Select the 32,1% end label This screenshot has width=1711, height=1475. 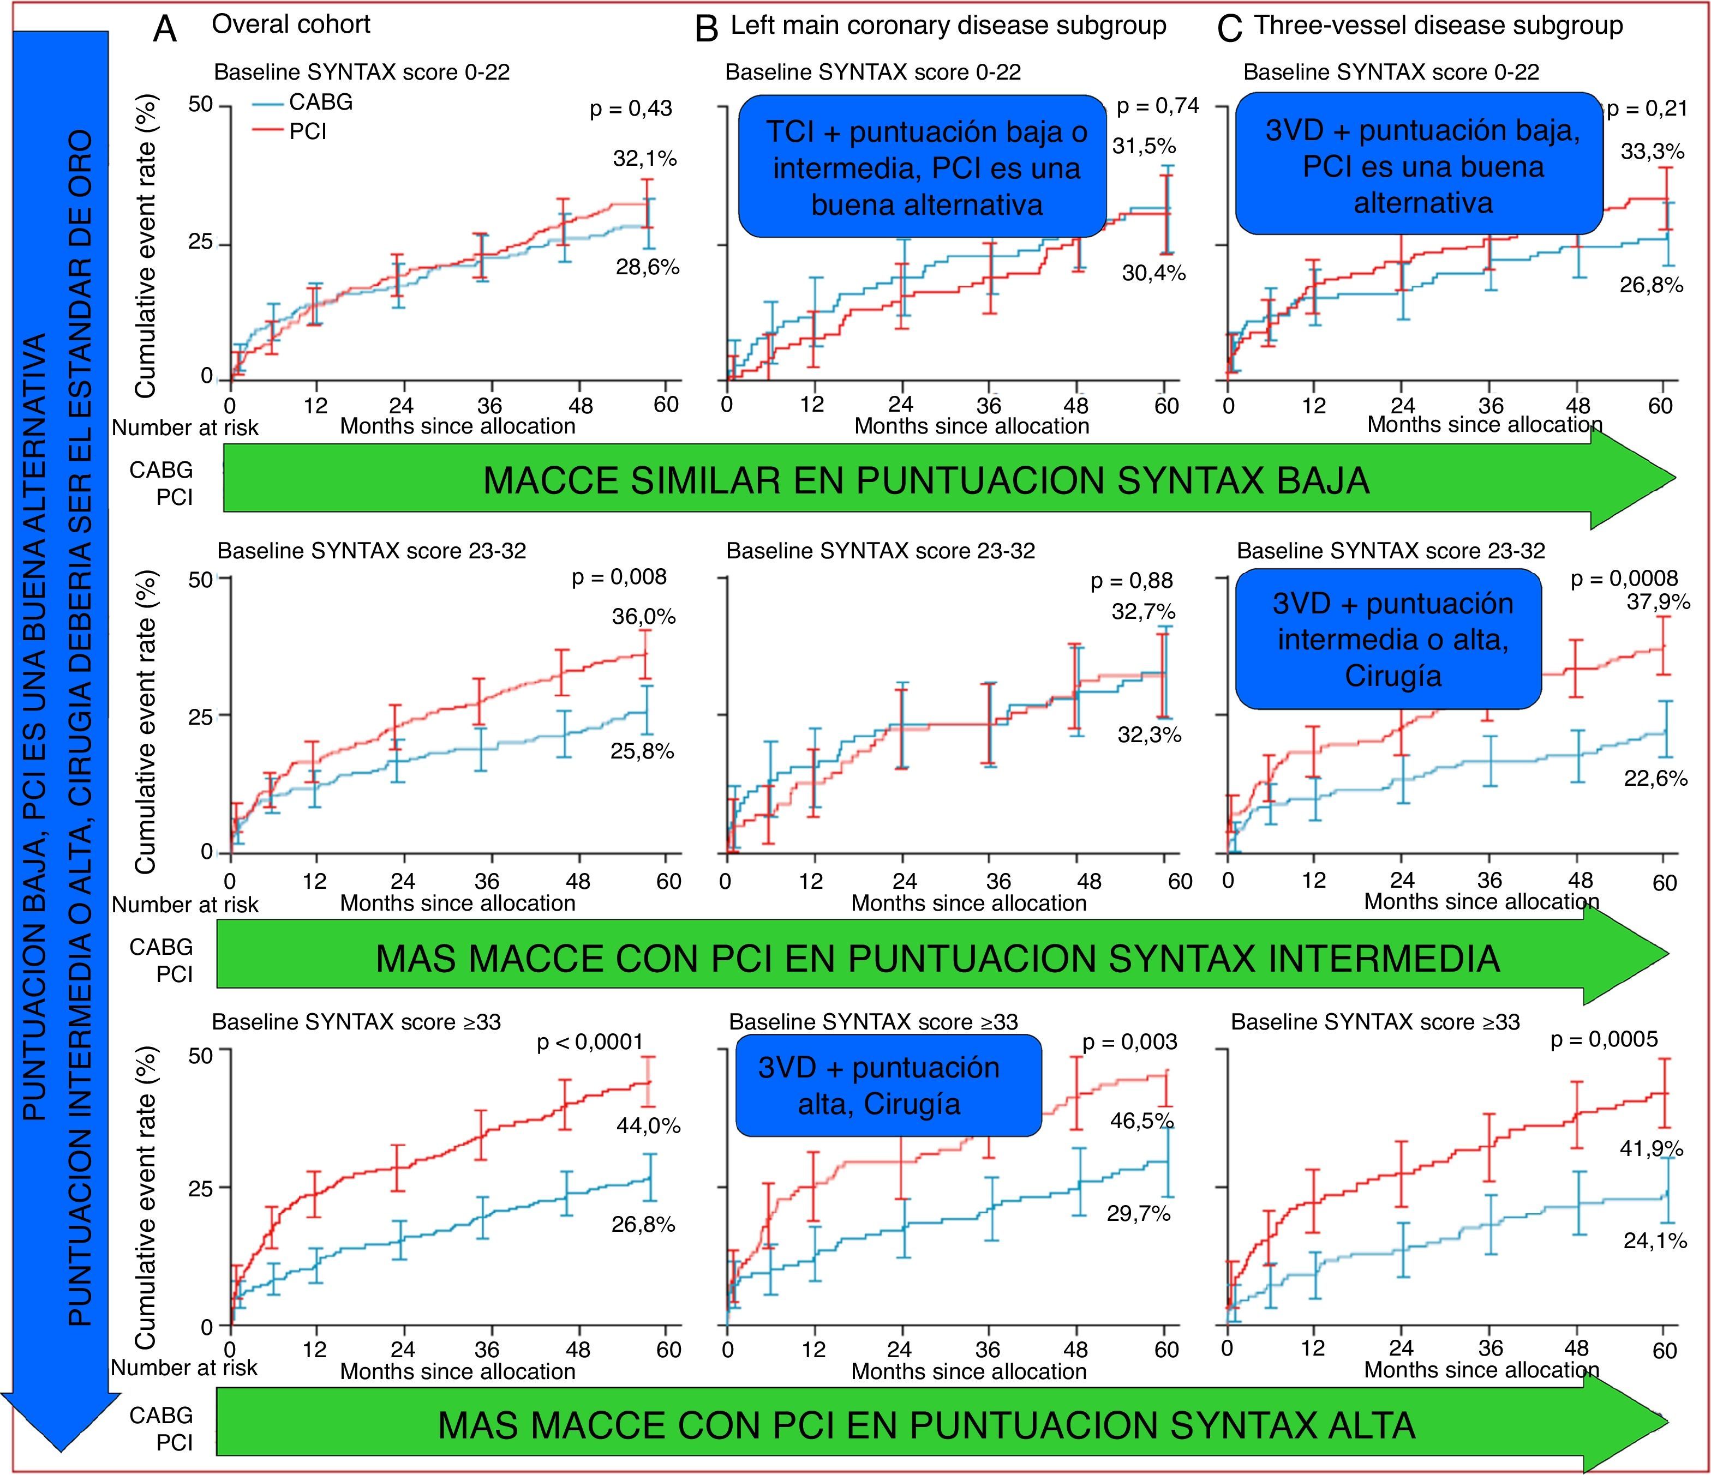click(644, 159)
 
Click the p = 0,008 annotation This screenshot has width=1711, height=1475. click(619, 576)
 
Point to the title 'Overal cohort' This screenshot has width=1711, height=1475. click(291, 25)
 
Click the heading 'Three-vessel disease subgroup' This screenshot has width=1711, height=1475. click(1439, 26)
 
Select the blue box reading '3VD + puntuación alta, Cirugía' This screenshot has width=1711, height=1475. click(889, 1086)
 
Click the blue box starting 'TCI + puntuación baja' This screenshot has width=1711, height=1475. click(923, 167)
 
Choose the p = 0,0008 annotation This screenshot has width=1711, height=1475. click(1624, 579)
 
